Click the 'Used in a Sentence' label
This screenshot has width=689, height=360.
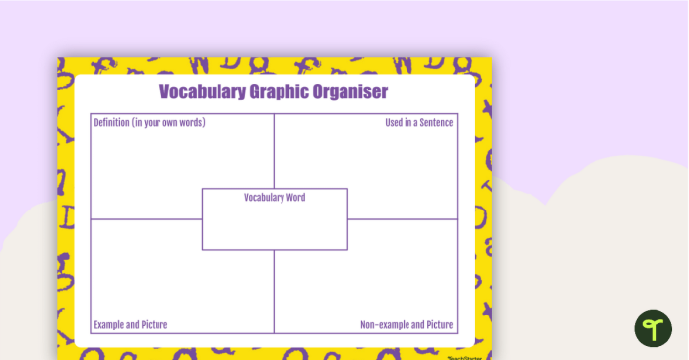(418, 123)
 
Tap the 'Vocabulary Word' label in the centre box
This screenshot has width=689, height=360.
(275, 198)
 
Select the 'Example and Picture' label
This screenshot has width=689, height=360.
(130, 324)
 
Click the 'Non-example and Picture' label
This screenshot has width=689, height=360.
(407, 324)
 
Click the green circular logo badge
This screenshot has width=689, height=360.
(652, 328)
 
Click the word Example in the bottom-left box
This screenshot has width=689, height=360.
(110, 324)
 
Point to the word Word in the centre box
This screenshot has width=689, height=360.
(294, 198)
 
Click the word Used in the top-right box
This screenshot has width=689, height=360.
(393, 123)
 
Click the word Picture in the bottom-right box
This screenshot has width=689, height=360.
(439, 324)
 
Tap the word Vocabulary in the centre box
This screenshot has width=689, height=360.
(264, 198)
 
